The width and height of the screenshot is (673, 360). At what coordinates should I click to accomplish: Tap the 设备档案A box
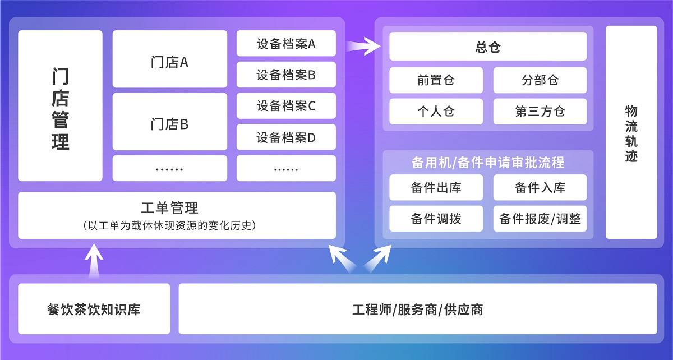point(286,43)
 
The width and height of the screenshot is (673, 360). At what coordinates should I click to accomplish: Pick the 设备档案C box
point(286,105)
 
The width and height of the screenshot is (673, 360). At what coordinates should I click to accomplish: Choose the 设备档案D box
point(286,137)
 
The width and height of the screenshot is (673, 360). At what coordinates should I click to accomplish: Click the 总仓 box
point(488,47)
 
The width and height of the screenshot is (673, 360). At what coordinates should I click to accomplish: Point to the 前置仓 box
point(436,80)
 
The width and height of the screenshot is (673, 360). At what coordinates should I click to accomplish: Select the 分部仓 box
point(540,80)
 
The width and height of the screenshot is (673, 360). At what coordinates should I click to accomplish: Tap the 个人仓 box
point(436,112)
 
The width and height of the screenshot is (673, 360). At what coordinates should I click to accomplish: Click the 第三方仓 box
point(540,112)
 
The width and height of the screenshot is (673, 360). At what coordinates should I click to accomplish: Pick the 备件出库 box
point(436,187)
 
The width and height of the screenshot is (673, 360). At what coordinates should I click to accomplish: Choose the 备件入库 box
point(540,187)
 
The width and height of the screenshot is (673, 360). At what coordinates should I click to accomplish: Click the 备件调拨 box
point(436,219)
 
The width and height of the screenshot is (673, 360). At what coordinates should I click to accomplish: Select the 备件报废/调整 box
point(540,219)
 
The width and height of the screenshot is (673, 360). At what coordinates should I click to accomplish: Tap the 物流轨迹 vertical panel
point(631,132)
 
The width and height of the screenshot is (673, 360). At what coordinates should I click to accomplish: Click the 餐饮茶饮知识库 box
point(94,309)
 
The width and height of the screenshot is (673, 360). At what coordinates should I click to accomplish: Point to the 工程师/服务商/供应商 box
point(417,309)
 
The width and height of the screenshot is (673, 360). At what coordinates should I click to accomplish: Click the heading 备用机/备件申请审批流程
point(488,163)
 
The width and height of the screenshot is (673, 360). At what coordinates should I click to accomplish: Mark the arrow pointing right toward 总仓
point(363,45)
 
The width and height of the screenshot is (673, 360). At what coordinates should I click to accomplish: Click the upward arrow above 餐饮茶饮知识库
point(94,259)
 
